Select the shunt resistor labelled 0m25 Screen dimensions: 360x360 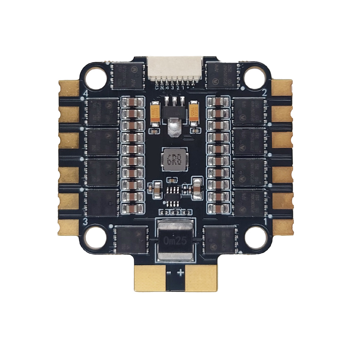(x=175, y=240)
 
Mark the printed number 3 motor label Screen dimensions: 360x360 (x=85, y=221)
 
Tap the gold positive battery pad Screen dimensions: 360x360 (x=201, y=278)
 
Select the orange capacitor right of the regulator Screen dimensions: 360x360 (x=194, y=111)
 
